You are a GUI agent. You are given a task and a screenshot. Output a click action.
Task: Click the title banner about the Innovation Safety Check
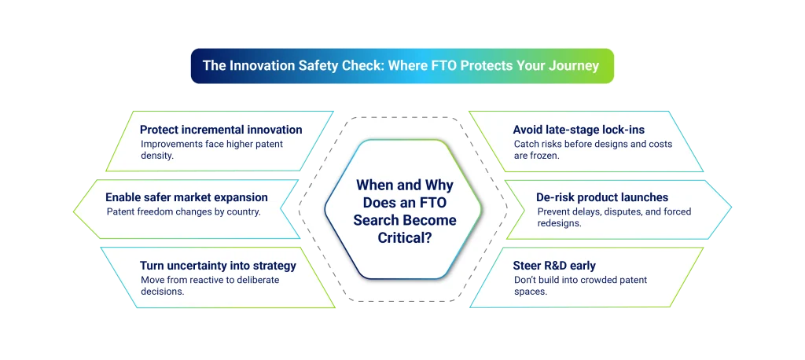401,66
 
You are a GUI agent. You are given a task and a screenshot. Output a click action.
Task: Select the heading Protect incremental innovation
220,130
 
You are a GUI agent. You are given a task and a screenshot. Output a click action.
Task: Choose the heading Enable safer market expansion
186,197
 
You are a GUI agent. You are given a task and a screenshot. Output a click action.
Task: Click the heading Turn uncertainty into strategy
218,266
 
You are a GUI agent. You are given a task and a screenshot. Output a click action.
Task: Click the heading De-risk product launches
602,197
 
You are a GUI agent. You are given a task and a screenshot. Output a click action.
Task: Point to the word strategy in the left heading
270,266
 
